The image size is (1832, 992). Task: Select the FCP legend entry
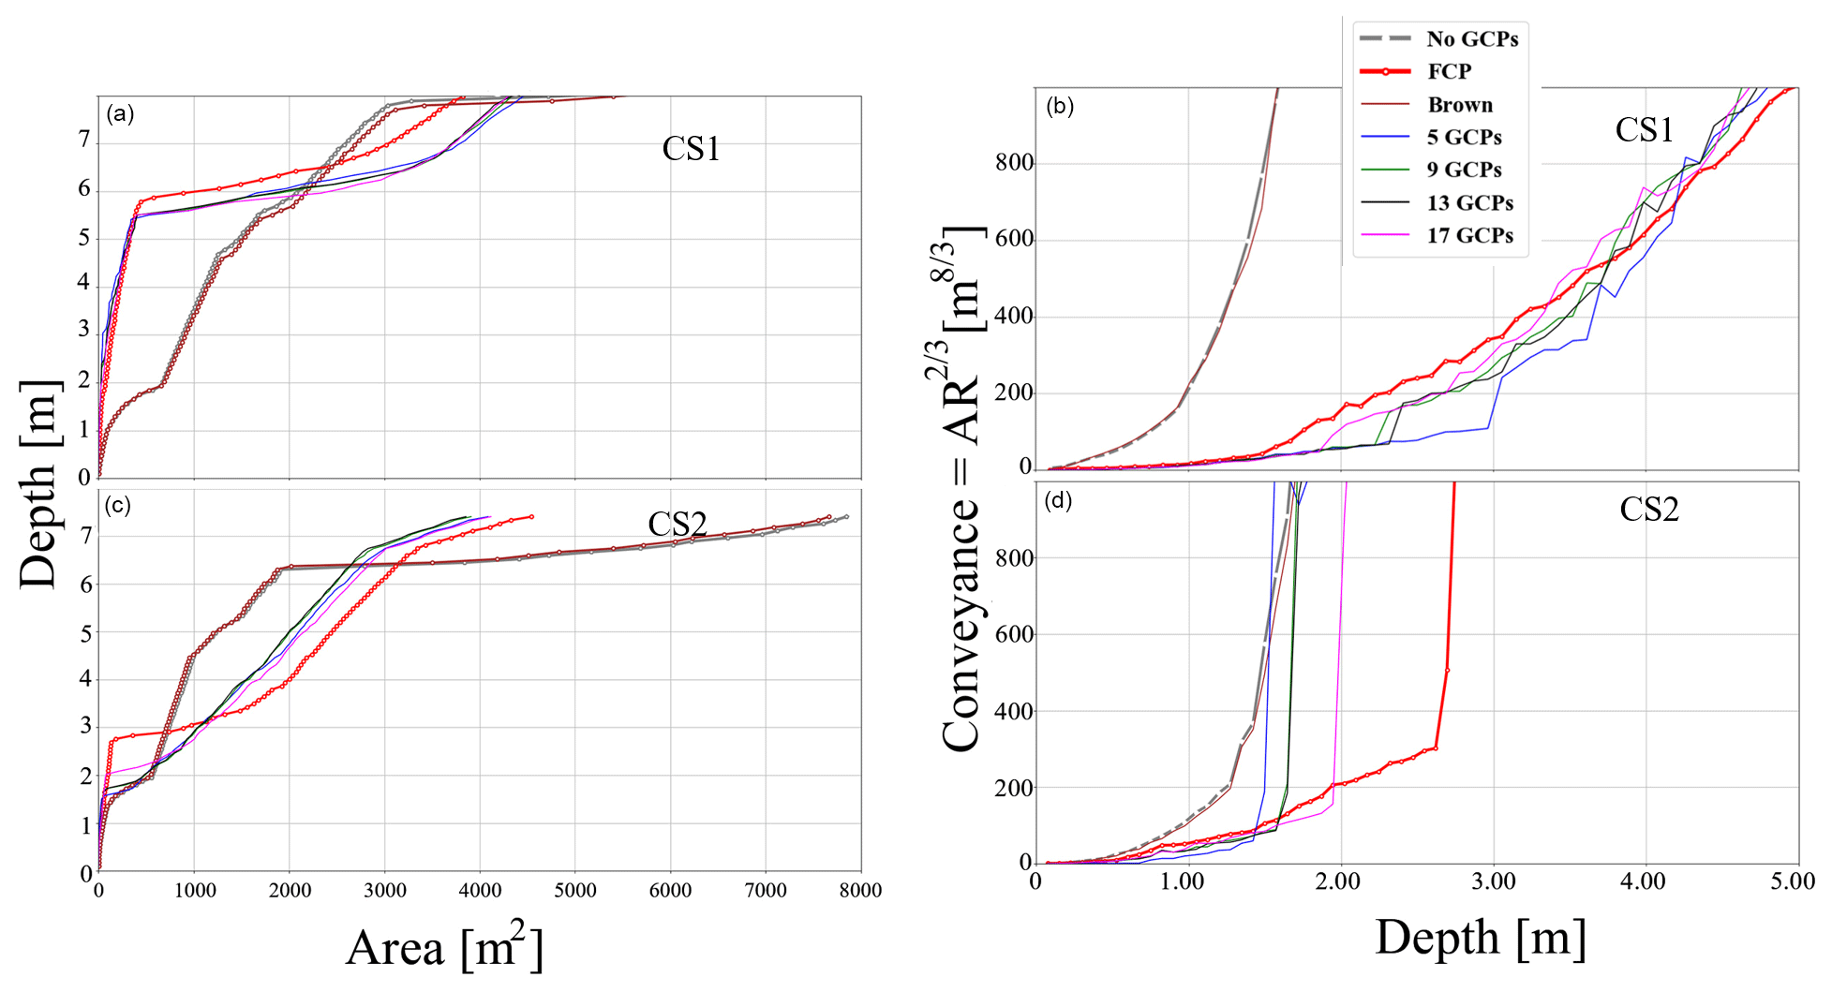(1449, 71)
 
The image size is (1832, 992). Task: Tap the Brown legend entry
(1459, 105)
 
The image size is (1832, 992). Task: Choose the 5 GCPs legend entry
(1464, 138)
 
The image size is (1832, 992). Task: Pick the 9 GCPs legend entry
(1464, 170)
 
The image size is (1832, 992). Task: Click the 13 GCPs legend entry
(1469, 202)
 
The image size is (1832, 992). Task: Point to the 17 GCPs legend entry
(1469, 235)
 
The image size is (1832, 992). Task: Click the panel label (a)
(120, 114)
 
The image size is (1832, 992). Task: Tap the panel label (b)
(1060, 106)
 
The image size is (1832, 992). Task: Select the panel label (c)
(118, 506)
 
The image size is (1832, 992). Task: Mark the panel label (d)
(1059, 500)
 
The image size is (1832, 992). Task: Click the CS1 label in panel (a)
(691, 149)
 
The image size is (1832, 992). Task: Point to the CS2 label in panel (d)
(1648, 509)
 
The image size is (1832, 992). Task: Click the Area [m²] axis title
(444, 947)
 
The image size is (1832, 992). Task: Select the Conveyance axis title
(961, 487)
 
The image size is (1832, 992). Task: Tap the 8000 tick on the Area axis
(859, 891)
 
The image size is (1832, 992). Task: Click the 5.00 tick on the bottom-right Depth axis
(1793, 881)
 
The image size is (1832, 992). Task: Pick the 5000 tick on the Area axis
(574, 891)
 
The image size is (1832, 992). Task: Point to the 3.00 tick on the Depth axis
(1493, 881)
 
